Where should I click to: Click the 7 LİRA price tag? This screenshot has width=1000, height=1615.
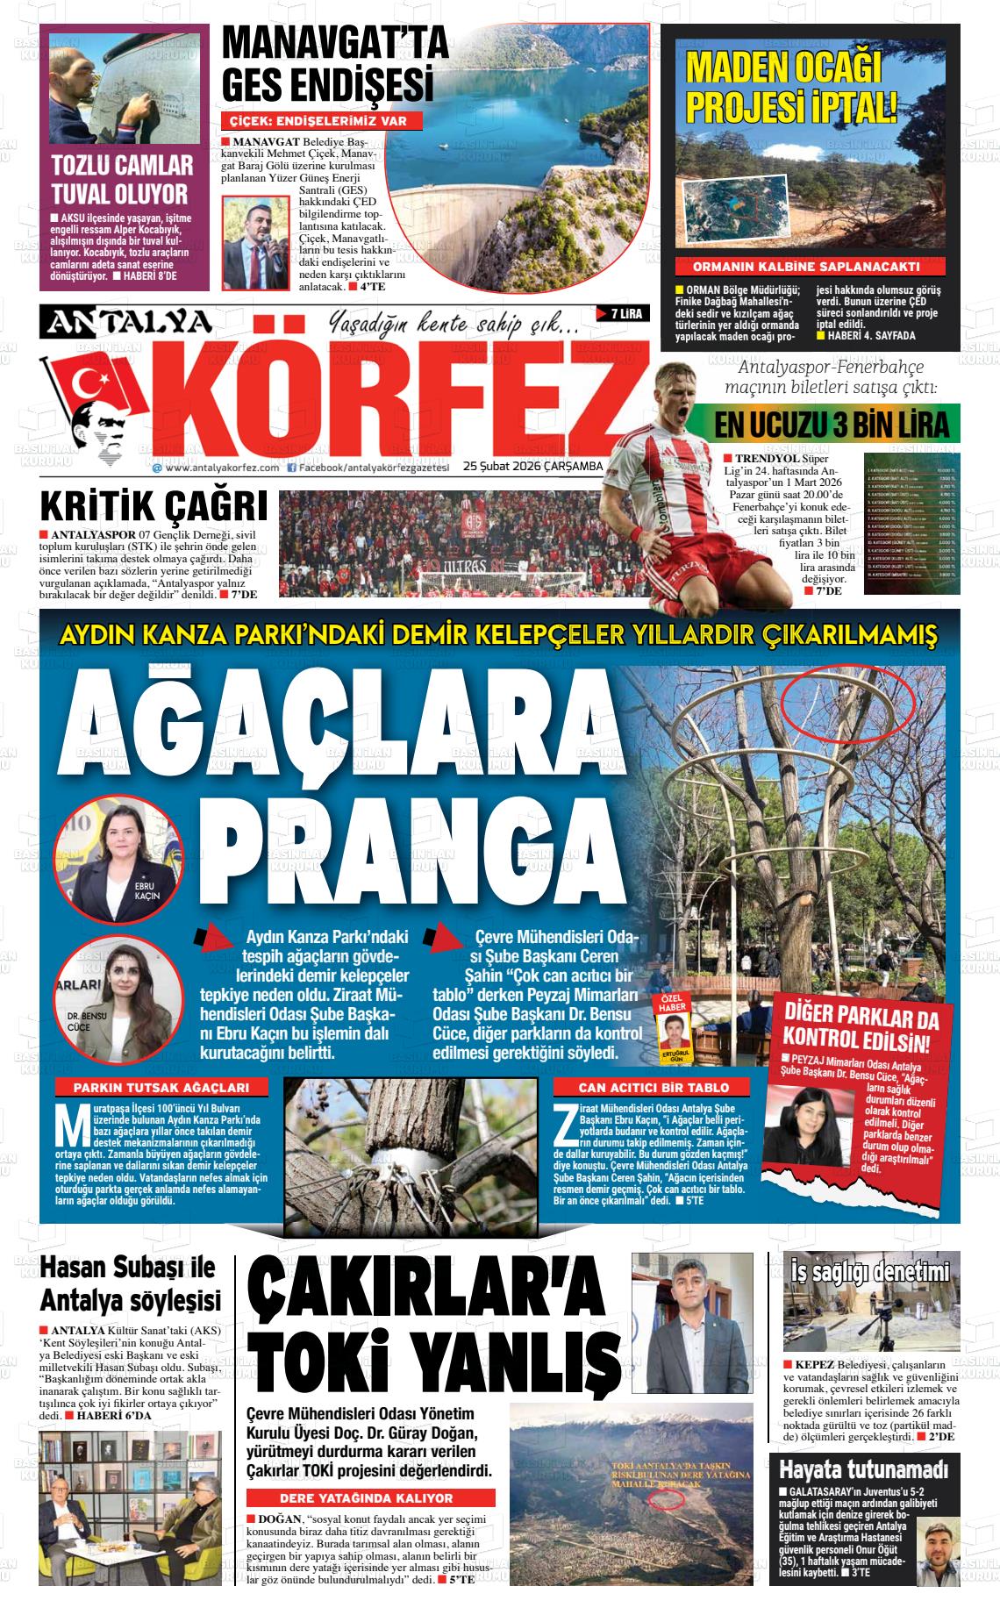pos(623,313)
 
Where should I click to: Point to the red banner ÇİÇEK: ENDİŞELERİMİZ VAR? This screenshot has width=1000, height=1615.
pos(318,122)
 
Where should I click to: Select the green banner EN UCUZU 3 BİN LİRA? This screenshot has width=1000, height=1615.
pos(832,425)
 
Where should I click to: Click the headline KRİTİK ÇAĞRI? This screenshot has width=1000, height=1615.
pos(154,506)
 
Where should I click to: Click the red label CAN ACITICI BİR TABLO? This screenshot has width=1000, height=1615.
pos(653,1087)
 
